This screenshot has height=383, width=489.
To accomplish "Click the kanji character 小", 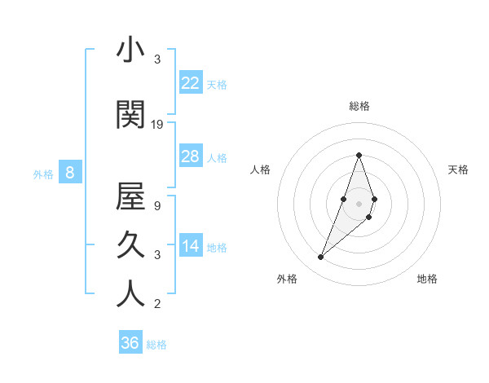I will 130,51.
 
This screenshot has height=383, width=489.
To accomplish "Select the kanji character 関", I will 130,116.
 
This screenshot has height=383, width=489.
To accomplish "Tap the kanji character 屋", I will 130,196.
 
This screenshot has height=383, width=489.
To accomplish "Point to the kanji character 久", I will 130,246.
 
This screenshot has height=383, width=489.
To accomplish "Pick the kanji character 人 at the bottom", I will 130,294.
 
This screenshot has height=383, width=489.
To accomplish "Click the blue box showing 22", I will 190,82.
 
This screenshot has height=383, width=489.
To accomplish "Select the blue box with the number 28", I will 190,156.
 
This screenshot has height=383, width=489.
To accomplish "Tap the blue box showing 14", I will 190,246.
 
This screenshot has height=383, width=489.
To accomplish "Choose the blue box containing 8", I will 70,172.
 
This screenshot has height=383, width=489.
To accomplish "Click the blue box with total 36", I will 130,343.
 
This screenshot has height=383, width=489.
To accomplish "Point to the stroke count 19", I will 157,125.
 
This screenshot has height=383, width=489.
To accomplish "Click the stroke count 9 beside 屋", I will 157,206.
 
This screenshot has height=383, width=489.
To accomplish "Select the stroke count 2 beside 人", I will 157,305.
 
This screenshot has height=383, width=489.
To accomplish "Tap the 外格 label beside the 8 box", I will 43,174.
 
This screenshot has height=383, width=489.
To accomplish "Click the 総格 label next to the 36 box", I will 156,345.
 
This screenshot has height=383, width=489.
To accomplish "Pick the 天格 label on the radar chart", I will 459,169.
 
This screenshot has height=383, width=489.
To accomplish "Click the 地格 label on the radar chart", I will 427,279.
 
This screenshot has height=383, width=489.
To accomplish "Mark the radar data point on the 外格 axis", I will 321,258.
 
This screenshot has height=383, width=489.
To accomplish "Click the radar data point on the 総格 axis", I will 359,155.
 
